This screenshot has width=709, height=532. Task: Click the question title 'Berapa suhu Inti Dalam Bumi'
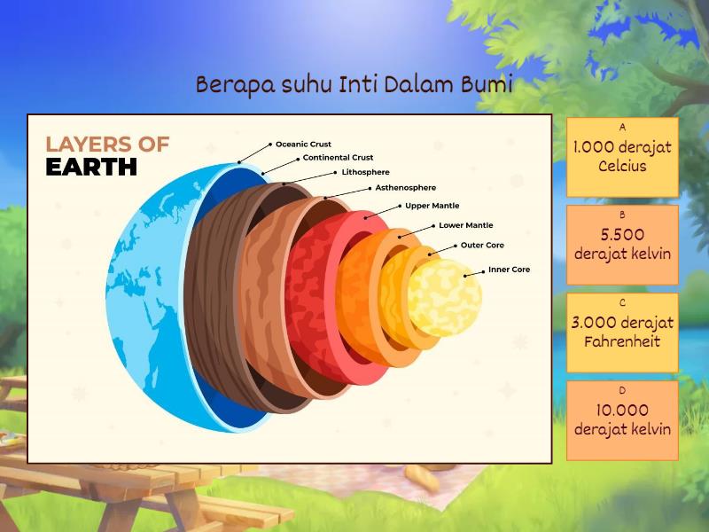click(354, 85)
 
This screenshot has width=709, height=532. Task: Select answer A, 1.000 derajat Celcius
click(622, 157)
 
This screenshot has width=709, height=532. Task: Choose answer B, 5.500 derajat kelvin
click(622, 244)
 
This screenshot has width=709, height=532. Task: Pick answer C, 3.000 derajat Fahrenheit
click(622, 332)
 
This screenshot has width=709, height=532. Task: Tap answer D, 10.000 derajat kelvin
click(622, 419)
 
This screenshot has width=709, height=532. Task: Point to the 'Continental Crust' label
click(338, 158)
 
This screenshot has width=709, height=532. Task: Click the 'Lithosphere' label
click(365, 172)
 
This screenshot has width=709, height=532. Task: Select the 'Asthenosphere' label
click(405, 188)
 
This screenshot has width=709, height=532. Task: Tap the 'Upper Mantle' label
click(432, 206)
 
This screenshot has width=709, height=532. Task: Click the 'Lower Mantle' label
click(465, 225)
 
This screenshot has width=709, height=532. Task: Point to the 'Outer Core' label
click(482, 246)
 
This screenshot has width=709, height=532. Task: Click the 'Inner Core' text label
click(509, 270)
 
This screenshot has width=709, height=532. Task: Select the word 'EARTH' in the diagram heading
click(91, 167)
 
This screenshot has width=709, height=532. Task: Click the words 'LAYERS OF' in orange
click(107, 144)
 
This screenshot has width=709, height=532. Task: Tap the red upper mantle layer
click(310, 293)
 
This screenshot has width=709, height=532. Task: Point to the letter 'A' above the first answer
click(622, 128)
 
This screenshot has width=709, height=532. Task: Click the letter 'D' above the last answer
click(622, 390)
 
